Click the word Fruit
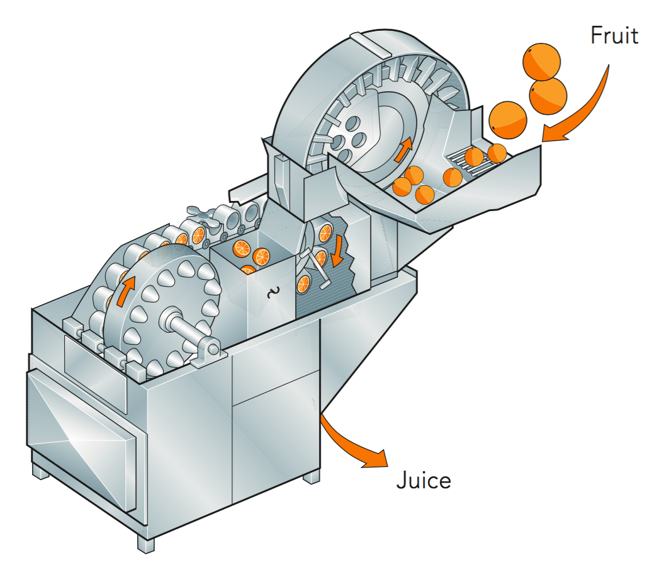[x=614, y=35]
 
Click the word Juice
[x=424, y=481]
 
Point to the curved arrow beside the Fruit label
[x=583, y=107]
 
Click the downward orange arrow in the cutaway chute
[x=338, y=250]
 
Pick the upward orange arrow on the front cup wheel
[x=125, y=293]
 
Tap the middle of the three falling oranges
[x=548, y=94]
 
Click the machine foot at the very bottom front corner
[x=145, y=542]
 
